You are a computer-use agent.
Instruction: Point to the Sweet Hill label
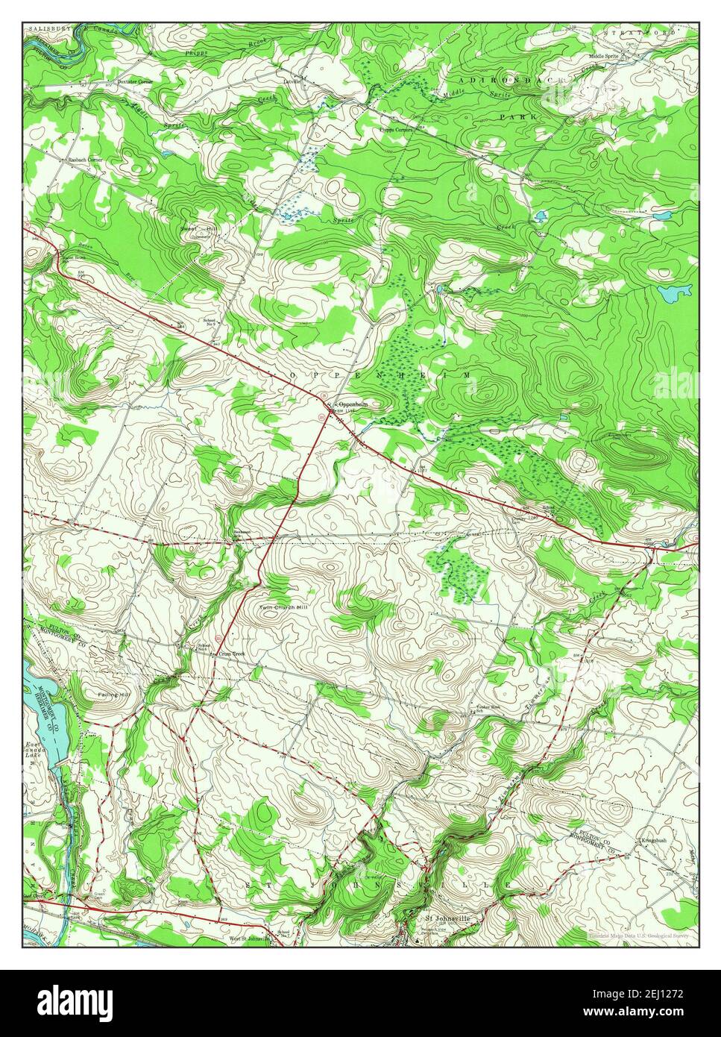[197, 229]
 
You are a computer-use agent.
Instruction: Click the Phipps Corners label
[396, 129]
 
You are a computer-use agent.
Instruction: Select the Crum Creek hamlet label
[231, 654]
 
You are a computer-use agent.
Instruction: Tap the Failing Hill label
[113, 694]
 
